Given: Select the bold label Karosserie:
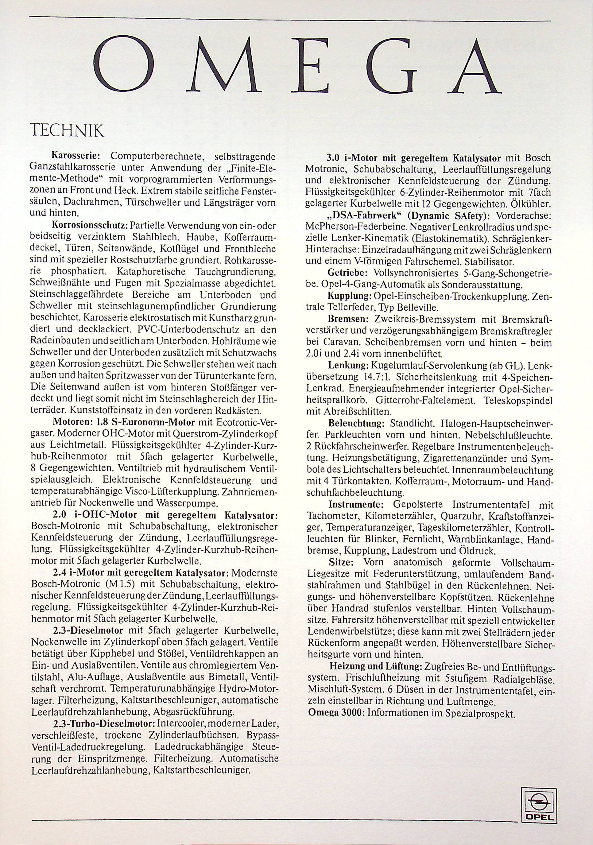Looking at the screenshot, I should (75, 157).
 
